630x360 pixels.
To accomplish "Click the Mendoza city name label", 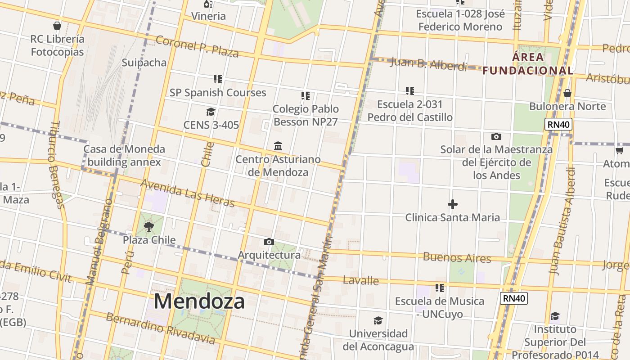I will (x=199, y=301).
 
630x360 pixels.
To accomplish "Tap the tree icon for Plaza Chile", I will (x=149, y=227).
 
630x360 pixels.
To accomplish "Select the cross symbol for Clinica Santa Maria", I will (x=453, y=205).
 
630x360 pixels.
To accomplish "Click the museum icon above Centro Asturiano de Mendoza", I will (x=278, y=146).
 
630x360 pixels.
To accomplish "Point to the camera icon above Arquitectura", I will (x=269, y=242).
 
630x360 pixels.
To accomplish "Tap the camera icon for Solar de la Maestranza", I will (x=496, y=136).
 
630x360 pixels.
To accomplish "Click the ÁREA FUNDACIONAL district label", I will (x=528, y=64).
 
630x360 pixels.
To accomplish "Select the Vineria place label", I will (x=208, y=16).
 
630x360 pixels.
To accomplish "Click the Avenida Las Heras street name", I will (x=187, y=193).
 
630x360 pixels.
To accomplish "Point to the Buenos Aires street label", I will (x=457, y=258).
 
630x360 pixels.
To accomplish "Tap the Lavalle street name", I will (x=360, y=281).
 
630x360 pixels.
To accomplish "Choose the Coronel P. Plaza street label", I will (x=197, y=46).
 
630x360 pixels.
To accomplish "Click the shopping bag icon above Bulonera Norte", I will (x=567, y=93).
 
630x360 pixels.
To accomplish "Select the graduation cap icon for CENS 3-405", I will (x=211, y=112).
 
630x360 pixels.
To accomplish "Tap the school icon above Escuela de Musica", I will (x=440, y=288).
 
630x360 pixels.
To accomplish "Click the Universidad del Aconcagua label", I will (x=378, y=340).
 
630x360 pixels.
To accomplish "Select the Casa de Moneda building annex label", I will (x=124, y=155).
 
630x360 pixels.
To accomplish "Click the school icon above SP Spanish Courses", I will (x=218, y=79).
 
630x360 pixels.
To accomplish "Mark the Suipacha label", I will (x=144, y=63).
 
